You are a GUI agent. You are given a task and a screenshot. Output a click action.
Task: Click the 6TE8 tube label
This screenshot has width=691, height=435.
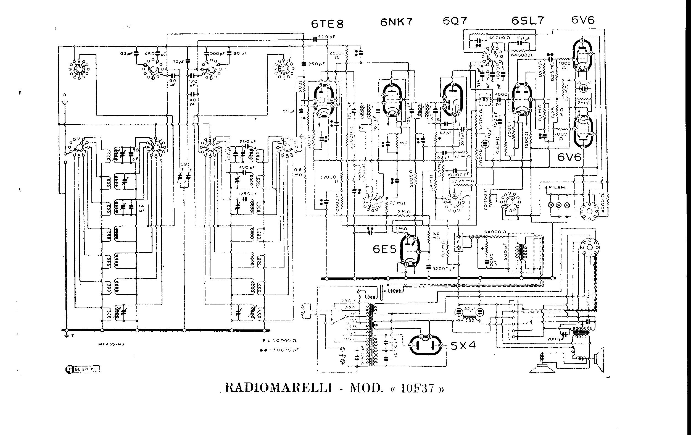point(327,24)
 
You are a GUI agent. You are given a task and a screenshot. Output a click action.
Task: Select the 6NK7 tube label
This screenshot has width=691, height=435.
point(397,22)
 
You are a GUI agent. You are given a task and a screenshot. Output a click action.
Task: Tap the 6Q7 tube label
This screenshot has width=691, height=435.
point(455,21)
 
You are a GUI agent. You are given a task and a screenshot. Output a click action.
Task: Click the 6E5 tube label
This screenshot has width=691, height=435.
point(384,249)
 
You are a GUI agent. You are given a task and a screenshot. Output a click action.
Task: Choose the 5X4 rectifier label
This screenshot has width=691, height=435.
point(463,345)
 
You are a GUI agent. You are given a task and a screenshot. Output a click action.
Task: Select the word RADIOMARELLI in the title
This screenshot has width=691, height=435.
point(276,388)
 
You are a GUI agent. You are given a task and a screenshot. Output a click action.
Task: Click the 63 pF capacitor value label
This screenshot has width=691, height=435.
point(126,53)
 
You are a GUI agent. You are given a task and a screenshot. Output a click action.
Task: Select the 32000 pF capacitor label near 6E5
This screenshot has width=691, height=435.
point(444,269)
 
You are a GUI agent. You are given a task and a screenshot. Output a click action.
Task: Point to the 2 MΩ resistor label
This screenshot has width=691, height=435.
point(404,212)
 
